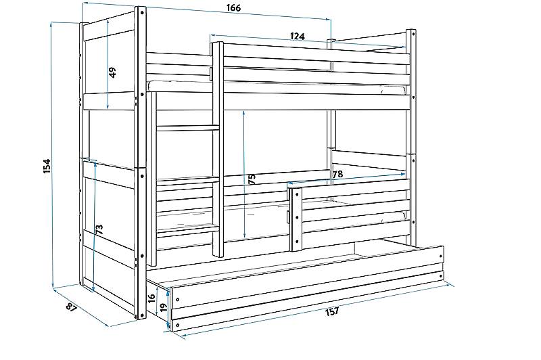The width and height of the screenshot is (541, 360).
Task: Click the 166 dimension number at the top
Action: click(x=234, y=8)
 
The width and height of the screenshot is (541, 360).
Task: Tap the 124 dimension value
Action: click(x=298, y=36)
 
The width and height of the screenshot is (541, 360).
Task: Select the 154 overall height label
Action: click(x=47, y=166)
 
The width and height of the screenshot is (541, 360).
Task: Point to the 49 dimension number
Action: click(x=113, y=72)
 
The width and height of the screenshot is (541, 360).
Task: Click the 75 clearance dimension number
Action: click(x=252, y=179)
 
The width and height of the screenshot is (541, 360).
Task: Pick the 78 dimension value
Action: click(x=337, y=175)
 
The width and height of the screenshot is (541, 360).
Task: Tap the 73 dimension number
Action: click(x=99, y=229)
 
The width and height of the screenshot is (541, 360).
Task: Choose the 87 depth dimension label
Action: click(x=72, y=307)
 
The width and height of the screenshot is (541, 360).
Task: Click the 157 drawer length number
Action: click(x=332, y=312)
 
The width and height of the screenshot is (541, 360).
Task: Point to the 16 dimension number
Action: click(x=151, y=299)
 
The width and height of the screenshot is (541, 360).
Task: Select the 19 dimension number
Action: click(x=164, y=307)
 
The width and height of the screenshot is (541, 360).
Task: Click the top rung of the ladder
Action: click(x=188, y=128)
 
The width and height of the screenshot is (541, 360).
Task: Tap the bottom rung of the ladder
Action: click(x=188, y=229)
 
